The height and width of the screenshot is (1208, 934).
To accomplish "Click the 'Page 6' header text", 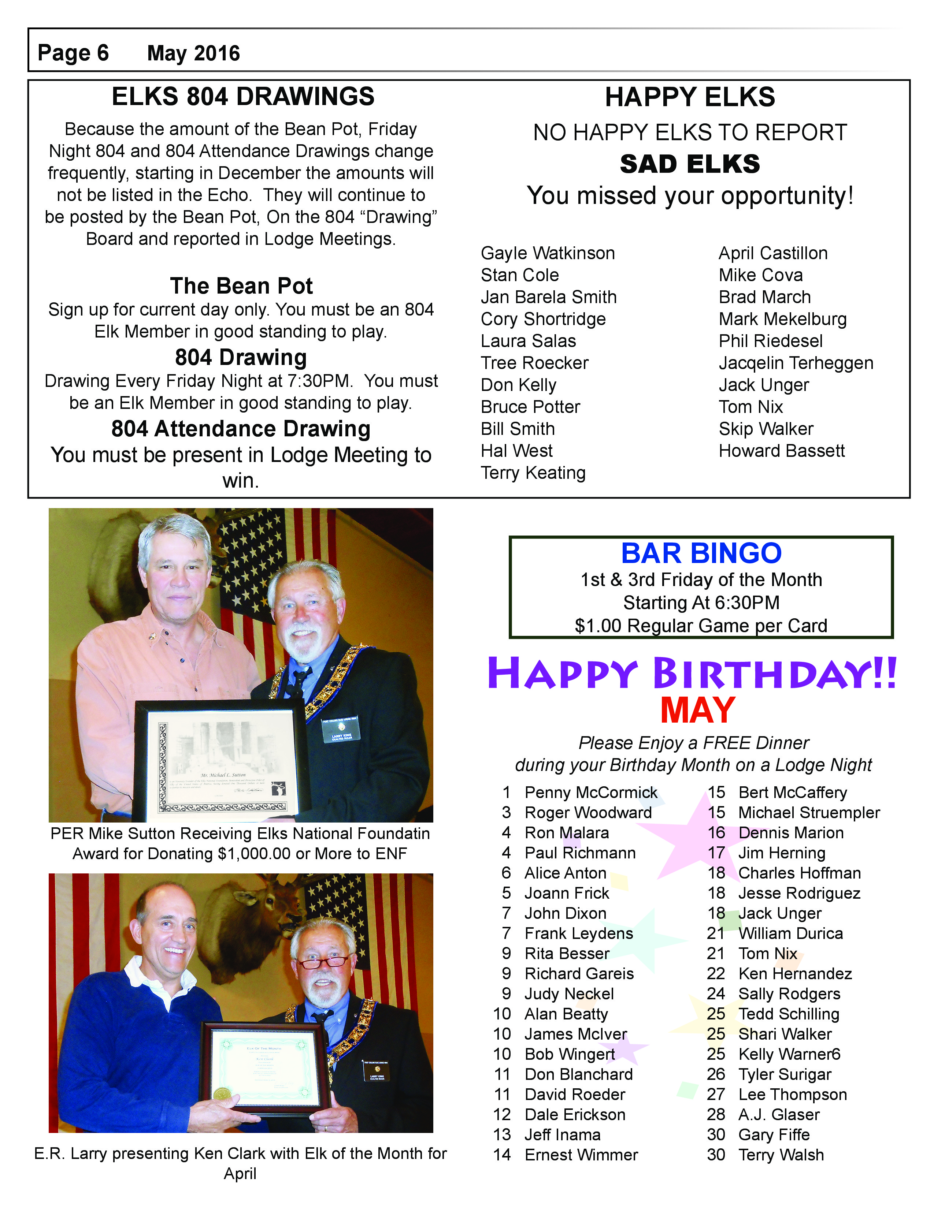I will pyautogui.click(x=73, y=53).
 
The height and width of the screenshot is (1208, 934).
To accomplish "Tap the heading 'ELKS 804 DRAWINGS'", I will pyautogui.click(x=243, y=97).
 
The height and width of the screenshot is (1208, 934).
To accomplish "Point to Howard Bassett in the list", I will pyautogui.click(x=781, y=451).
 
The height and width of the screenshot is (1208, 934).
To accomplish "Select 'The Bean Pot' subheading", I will pyautogui.click(x=241, y=286).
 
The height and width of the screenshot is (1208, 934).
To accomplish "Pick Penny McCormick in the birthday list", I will pyautogui.click(x=590, y=793).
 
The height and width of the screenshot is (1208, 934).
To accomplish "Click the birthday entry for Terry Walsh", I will pyautogui.click(x=781, y=1155).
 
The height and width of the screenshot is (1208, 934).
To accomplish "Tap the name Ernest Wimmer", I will pyautogui.click(x=581, y=1155).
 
